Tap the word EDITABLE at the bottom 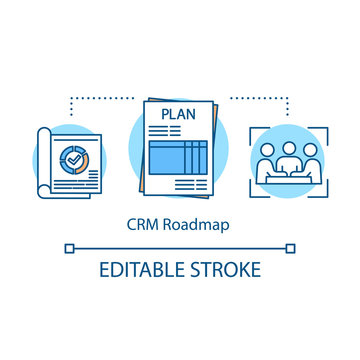134,270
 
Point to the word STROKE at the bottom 229,270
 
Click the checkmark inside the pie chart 73,161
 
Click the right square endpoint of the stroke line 291,246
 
